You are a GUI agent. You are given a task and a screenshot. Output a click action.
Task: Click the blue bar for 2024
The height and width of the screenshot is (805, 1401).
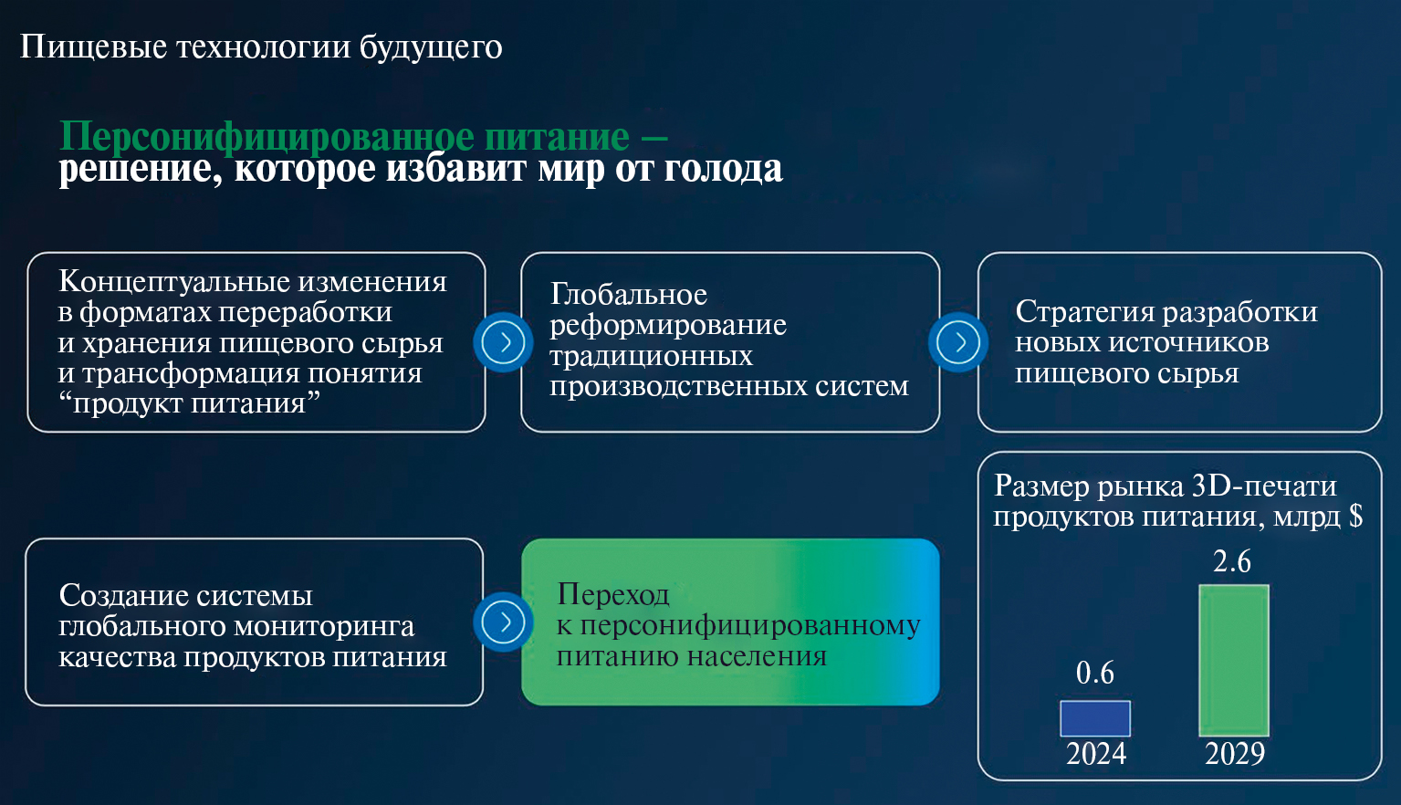click(x=1095, y=718)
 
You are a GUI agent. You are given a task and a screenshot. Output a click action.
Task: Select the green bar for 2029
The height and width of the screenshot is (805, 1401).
click(x=1234, y=661)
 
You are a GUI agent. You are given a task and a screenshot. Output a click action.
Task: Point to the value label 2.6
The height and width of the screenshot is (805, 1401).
click(x=1232, y=561)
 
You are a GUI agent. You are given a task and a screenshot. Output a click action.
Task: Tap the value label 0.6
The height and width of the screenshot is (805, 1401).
click(x=1095, y=673)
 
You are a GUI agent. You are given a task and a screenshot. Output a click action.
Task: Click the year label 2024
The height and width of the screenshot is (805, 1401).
click(x=1096, y=754)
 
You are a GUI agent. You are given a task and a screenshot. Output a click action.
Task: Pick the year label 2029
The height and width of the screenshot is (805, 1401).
click(x=1235, y=754)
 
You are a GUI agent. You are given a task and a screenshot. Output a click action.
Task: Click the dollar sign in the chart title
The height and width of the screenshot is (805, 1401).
click(x=1355, y=517)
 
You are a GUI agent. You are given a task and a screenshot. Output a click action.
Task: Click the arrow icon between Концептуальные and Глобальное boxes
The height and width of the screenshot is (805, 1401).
click(x=503, y=342)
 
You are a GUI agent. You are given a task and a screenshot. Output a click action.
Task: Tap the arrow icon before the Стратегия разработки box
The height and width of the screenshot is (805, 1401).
click(x=957, y=342)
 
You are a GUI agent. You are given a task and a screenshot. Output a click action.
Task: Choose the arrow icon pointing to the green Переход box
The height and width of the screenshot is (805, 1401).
click(x=503, y=622)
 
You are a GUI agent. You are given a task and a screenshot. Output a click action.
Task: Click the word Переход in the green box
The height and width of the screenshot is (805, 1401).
click(x=613, y=595)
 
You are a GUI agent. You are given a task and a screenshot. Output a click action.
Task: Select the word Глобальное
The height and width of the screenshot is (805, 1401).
click(x=629, y=294)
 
